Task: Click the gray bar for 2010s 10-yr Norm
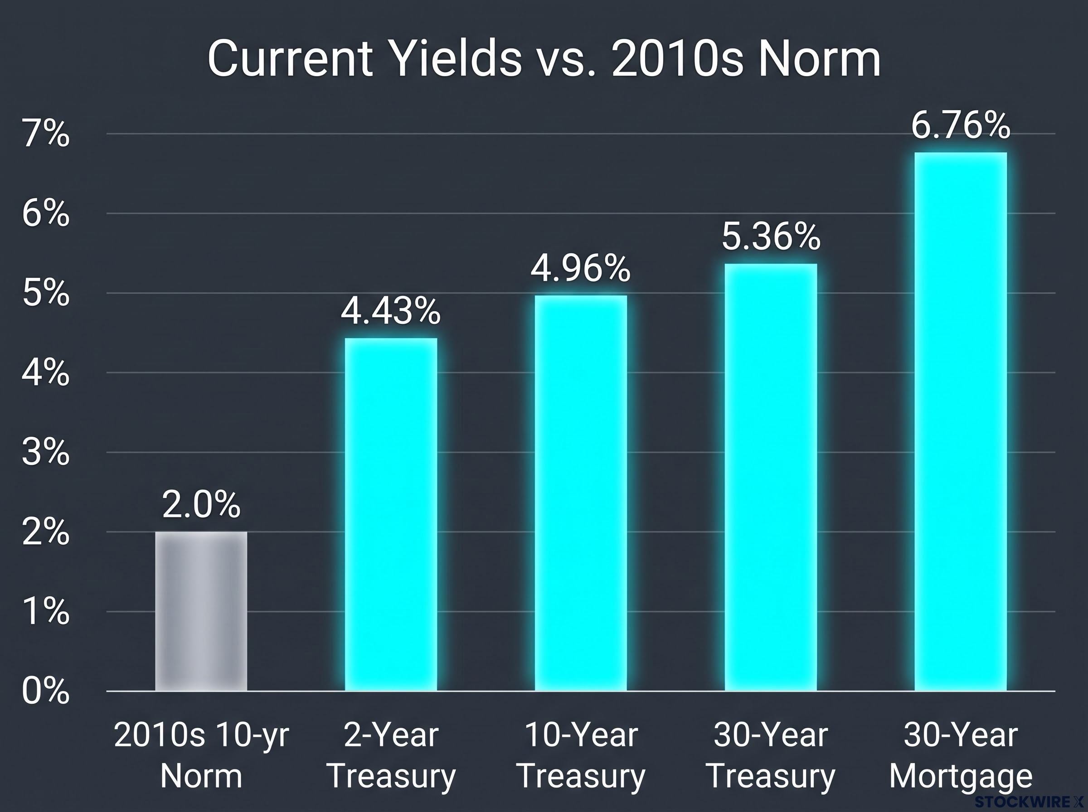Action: pos(201,611)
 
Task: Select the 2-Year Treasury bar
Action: pos(391,514)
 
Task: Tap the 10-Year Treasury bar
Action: pos(581,493)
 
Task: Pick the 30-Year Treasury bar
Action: pos(771,477)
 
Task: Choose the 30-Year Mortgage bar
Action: pos(961,421)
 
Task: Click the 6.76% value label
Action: pos(961,126)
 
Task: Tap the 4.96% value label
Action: pos(581,268)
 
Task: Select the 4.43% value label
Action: pos(391,311)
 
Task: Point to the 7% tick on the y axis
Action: pos(46,134)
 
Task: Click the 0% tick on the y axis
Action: pos(46,691)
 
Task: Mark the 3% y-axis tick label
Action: pos(46,453)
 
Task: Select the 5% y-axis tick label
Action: pos(46,294)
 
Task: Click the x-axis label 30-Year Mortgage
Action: pos(961,755)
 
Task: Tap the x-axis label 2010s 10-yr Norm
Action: pos(201,755)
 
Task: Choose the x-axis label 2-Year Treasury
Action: pos(391,755)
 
